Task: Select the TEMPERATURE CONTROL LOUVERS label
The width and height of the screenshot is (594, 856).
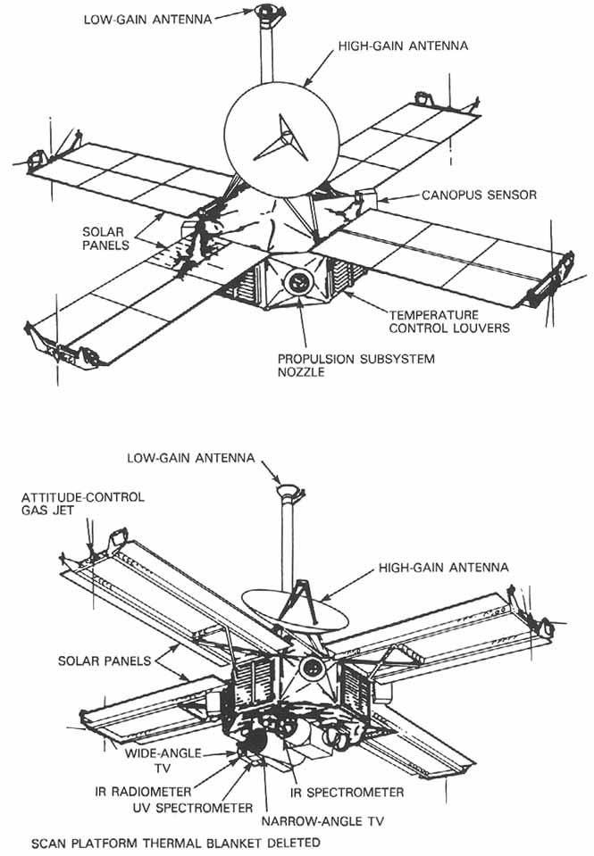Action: click(x=447, y=321)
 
